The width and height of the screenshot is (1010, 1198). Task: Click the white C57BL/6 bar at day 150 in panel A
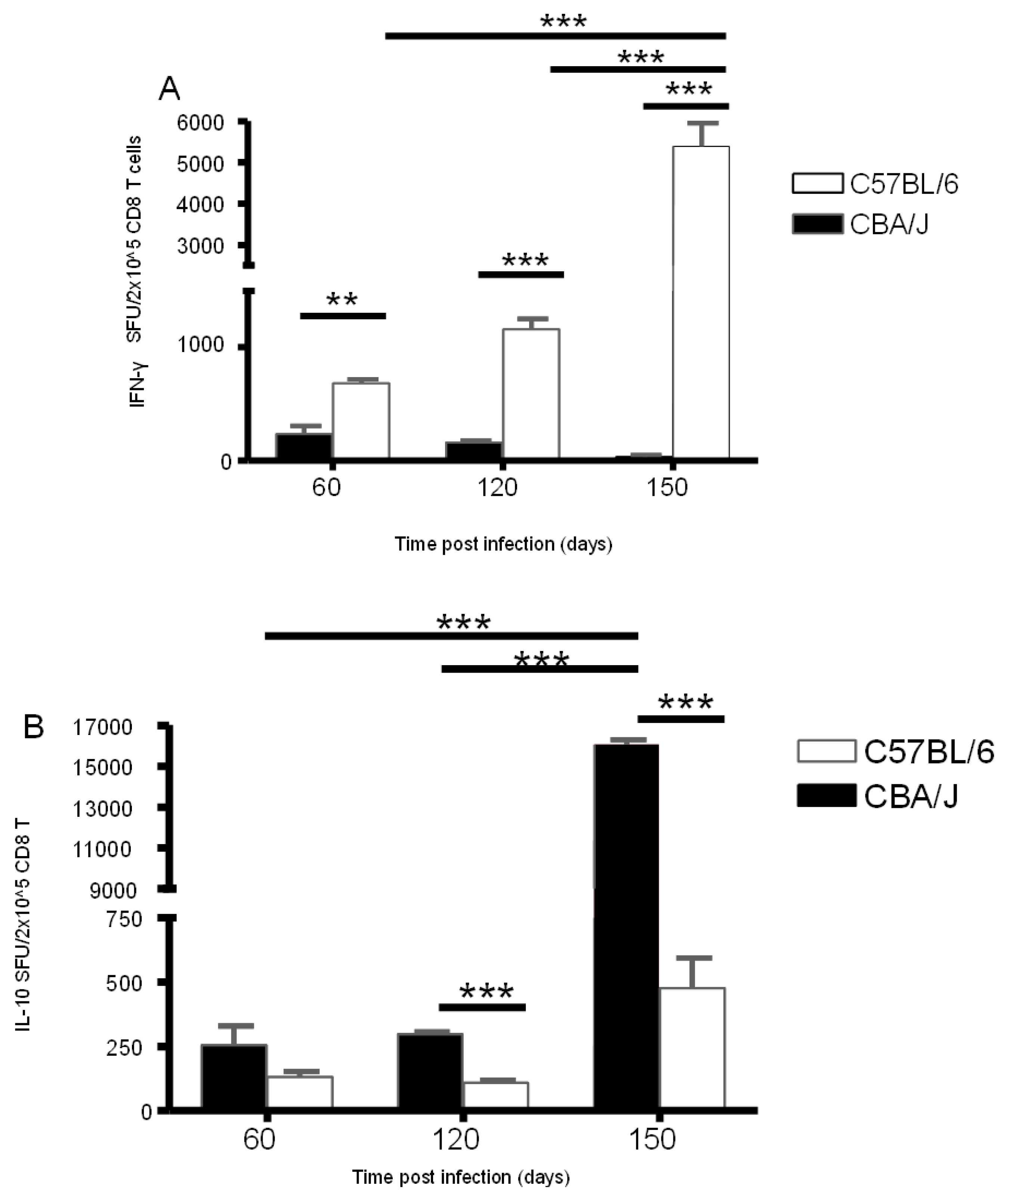701,302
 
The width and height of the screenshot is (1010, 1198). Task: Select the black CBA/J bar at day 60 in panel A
304,446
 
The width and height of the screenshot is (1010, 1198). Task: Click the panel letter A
170,89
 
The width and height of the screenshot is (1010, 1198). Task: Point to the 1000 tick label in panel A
207,345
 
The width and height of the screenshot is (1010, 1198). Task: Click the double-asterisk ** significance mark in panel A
342,300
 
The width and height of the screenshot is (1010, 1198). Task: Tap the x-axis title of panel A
503,543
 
